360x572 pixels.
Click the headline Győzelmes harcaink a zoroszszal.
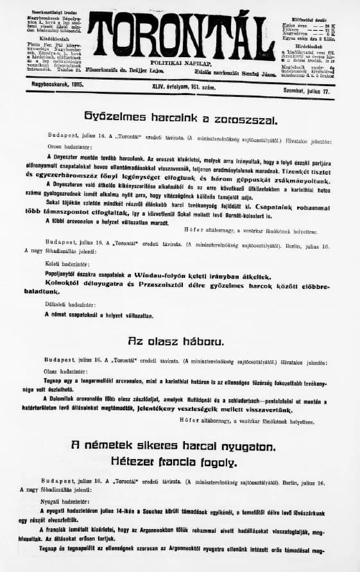pyautogui.click(x=180, y=119)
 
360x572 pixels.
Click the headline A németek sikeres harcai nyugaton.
pyautogui.click(x=180, y=446)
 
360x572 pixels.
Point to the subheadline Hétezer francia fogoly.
pyautogui.click(x=180, y=462)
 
